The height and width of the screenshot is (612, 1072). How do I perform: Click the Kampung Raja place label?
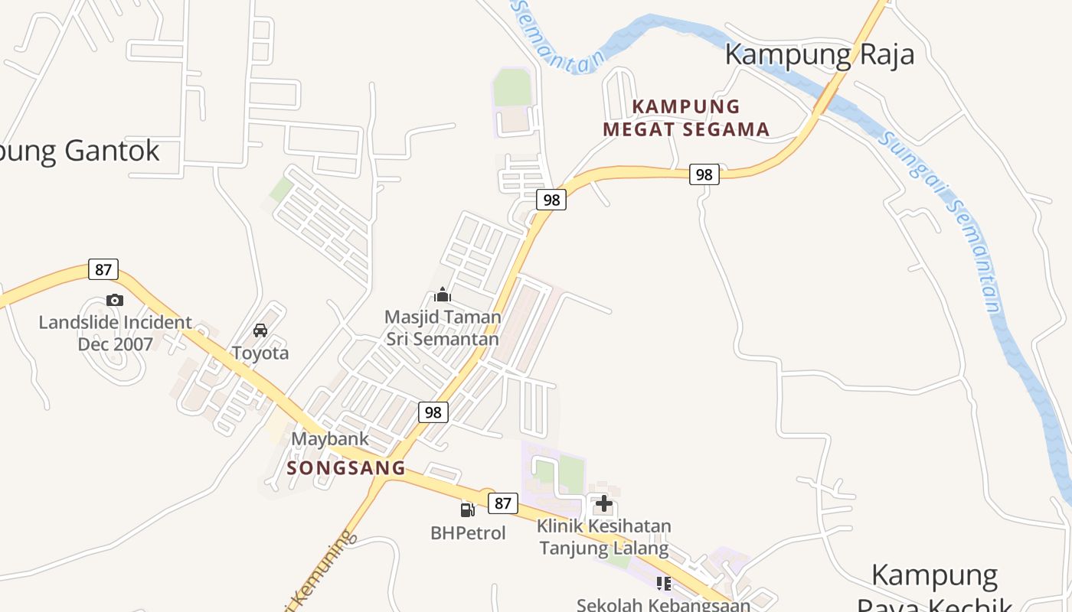819,54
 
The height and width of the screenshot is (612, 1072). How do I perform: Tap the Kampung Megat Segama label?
686,118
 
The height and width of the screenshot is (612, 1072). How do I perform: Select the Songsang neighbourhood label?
346,468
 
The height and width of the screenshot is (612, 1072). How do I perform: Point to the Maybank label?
330,439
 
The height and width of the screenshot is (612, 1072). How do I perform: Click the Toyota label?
260,353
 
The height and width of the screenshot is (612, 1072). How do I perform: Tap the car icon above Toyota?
260,330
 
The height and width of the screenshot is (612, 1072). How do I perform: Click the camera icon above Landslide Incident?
115,300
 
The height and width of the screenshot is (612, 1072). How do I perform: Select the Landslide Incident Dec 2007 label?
115,333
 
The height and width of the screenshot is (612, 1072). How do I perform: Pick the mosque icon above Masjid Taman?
443,295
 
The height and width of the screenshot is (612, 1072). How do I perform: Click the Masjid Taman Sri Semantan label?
443,327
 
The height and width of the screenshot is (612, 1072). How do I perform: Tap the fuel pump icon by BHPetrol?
467,509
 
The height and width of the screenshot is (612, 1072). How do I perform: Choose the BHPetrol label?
468,532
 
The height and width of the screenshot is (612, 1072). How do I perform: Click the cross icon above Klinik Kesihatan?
604,503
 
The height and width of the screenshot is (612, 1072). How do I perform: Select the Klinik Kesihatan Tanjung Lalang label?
604,537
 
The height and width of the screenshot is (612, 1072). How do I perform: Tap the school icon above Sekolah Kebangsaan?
664,584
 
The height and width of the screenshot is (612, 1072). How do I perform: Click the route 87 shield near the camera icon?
103,269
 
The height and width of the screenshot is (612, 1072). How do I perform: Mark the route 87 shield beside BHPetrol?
502,503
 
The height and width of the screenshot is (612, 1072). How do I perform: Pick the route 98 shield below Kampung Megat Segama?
704,174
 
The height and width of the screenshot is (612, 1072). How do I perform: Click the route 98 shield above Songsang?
433,412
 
